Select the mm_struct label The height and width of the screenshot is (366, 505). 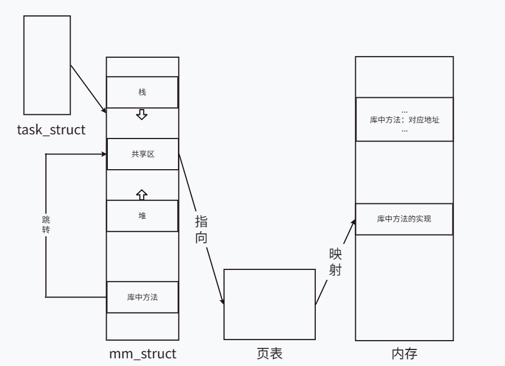pos(142,354)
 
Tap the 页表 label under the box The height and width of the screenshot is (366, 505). pos(269,354)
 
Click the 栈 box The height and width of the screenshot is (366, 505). pos(142,93)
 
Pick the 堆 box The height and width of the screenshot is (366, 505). pos(142,216)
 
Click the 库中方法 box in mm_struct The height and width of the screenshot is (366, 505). pos(142,298)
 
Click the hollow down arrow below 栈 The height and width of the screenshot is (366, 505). pos(141,114)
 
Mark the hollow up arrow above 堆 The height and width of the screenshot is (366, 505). pos(141,193)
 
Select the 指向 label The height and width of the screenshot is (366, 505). pos(201,229)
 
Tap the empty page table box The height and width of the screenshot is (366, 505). pos(269,304)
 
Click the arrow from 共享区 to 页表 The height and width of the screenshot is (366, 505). pos(201,229)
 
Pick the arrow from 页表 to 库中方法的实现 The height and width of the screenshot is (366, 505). pos(335,263)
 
